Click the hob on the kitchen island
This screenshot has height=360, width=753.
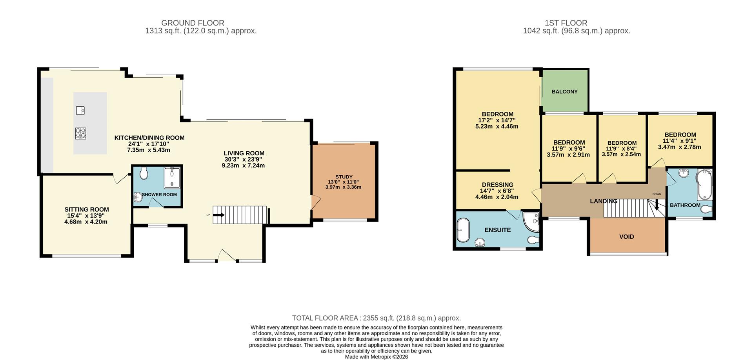point(80,133)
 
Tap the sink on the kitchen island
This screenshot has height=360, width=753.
point(80,110)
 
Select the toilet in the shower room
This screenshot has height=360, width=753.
point(144,173)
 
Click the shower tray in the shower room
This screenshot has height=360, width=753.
point(172,179)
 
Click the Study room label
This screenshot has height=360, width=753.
point(344,177)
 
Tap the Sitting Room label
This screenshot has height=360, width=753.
point(87,209)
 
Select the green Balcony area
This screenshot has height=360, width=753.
point(565,91)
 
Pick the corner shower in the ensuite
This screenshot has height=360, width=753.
point(531,221)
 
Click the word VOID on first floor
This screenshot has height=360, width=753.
point(626,237)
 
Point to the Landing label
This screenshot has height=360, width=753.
point(604,201)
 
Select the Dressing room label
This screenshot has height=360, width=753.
point(497,185)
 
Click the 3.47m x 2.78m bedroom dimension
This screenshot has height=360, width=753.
point(679,147)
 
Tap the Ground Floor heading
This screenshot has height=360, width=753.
point(193,23)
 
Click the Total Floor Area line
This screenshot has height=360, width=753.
point(376,318)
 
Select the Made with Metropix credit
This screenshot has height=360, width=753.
point(376,357)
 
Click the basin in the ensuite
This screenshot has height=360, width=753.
point(480,243)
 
